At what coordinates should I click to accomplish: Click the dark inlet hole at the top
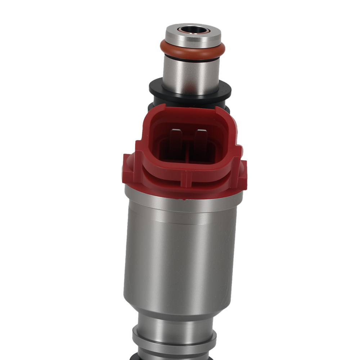pyautogui.click(x=191, y=30)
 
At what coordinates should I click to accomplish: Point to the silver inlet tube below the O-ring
pyautogui.click(x=191, y=74)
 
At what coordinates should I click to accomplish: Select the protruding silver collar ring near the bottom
pyautogui.click(x=175, y=342)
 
